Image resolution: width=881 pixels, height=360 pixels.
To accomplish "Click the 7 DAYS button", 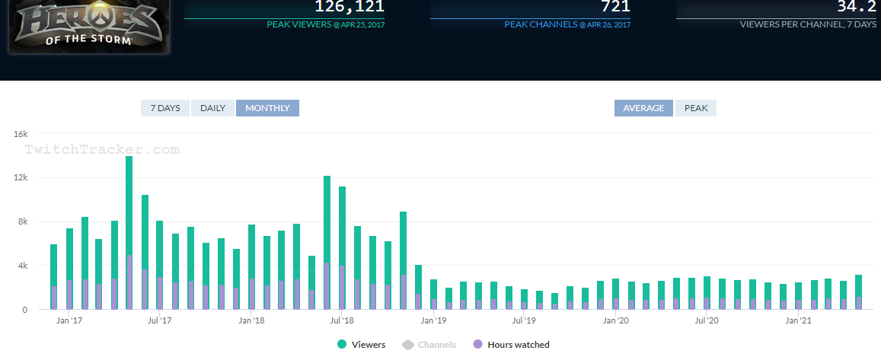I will (165, 108).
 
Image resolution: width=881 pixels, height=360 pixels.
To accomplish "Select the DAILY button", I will (212, 108).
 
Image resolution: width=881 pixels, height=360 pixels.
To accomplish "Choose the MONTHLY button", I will (267, 108).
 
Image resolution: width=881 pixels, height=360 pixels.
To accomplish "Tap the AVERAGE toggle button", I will (643, 108).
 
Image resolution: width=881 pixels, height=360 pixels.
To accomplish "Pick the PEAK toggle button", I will (696, 108).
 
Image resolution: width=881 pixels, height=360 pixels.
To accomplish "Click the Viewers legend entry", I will (362, 345).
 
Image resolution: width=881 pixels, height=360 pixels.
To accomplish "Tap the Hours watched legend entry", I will (512, 345).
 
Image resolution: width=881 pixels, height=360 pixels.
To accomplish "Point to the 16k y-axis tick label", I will (21, 134).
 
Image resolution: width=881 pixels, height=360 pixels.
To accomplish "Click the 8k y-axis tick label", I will (21, 222).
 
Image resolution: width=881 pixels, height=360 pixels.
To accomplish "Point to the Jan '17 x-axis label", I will (69, 321).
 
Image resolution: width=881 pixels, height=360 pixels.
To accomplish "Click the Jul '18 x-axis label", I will (343, 321).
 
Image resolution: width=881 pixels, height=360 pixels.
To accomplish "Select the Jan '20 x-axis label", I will (615, 321).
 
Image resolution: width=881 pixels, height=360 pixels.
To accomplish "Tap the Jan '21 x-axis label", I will (797, 321).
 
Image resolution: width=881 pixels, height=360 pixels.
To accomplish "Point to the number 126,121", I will (349, 7).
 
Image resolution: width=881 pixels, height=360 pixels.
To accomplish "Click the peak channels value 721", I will (615, 7).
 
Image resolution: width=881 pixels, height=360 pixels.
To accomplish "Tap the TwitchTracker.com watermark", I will (102, 150).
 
